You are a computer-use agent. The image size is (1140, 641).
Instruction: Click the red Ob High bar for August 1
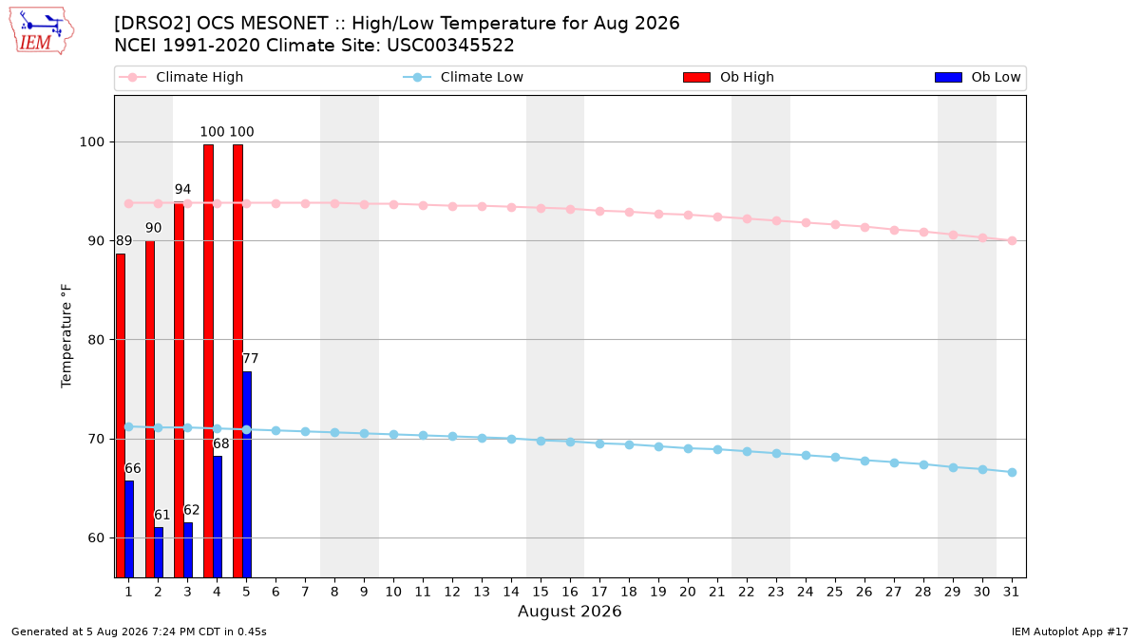pyautogui.click(x=121, y=416)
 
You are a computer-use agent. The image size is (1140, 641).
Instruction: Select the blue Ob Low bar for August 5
pyautogui.click(x=247, y=475)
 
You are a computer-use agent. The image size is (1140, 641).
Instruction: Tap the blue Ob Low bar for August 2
pyautogui.click(x=159, y=553)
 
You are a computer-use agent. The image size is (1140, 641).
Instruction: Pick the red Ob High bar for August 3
pyautogui.click(x=180, y=389)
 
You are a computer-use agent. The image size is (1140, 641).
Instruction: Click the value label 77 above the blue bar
pyautogui.click(x=251, y=359)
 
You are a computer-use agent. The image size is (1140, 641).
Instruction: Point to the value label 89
pyautogui.click(x=124, y=240)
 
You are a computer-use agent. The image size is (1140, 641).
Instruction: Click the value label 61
pyautogui.click(x=161, y=515)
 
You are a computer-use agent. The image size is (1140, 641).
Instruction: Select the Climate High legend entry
pyautogui.click(x=181, y=77)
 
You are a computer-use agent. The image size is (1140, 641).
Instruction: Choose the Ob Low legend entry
pyautogui.click(x=978, y=77)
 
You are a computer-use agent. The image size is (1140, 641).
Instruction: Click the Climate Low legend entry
pyautogui.click(x=464, y=77)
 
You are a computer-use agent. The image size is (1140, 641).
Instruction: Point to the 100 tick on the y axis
pyautogui.click(x=91, y=141)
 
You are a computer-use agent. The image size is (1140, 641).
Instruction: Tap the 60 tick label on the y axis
pyautogui.click(x=96, y=537)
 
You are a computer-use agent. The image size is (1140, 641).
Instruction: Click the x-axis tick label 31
pyautogui.click(x=1011, y=592)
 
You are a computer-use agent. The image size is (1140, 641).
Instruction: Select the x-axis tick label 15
pyautogui.click(x=541, y=592)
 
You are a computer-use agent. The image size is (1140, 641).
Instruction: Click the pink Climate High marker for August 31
pyautogui.click(x=1013, y=240)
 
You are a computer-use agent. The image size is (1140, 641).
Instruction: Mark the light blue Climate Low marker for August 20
pyautogui.click(x=688, y=448)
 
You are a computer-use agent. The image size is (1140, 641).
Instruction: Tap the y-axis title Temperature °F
pyautogui.click(x=66, y=336)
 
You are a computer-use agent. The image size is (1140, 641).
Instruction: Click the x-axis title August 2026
pyautogui.click(x=570, y=611)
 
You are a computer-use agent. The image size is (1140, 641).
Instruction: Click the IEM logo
pyautogui.click(x=42, y=31)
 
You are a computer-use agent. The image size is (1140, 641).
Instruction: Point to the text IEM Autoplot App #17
pyautogui.click(x=1070, y=632)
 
